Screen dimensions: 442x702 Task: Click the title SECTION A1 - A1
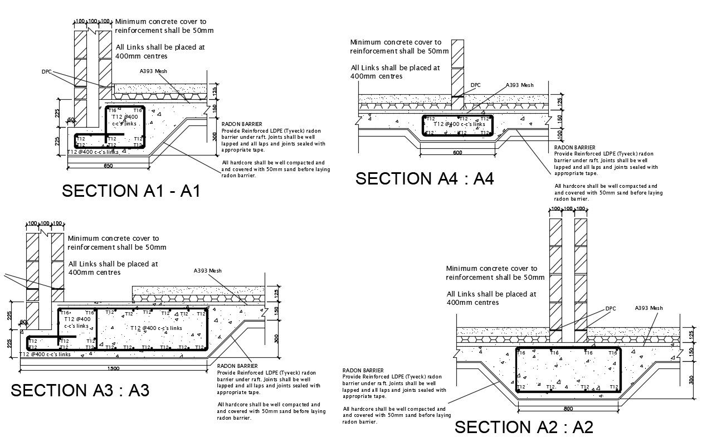[x=131, y=191]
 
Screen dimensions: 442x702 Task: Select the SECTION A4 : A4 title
[x=425, y=178]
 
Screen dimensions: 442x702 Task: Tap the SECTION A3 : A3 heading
[x=80, y=390]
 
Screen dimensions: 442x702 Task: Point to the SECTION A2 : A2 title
[x=524, y=427]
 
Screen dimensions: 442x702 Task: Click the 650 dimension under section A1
[x=109, y=166]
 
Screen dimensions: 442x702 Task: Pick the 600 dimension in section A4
[x=457, y=153]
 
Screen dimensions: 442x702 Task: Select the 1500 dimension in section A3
[x=113, y=368]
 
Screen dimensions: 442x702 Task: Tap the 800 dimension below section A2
[x=568, y=409]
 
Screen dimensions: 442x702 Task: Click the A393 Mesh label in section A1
[x=154, y=71]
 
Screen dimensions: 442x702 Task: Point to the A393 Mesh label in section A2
[x=649, y=308]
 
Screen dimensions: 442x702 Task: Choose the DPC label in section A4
[x=475, y=85]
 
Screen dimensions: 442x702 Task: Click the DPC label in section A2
[x=611, y=309]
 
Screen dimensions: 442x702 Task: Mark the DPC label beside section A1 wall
[x=46, y=71]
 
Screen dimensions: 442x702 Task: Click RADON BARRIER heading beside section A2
[x=363, y=370]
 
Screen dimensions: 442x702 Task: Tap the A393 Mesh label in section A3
[x=208, y=271]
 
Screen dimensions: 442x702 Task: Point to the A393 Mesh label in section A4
[x=519, y=85]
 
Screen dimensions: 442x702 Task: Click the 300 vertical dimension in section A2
[x=691, y=380]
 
